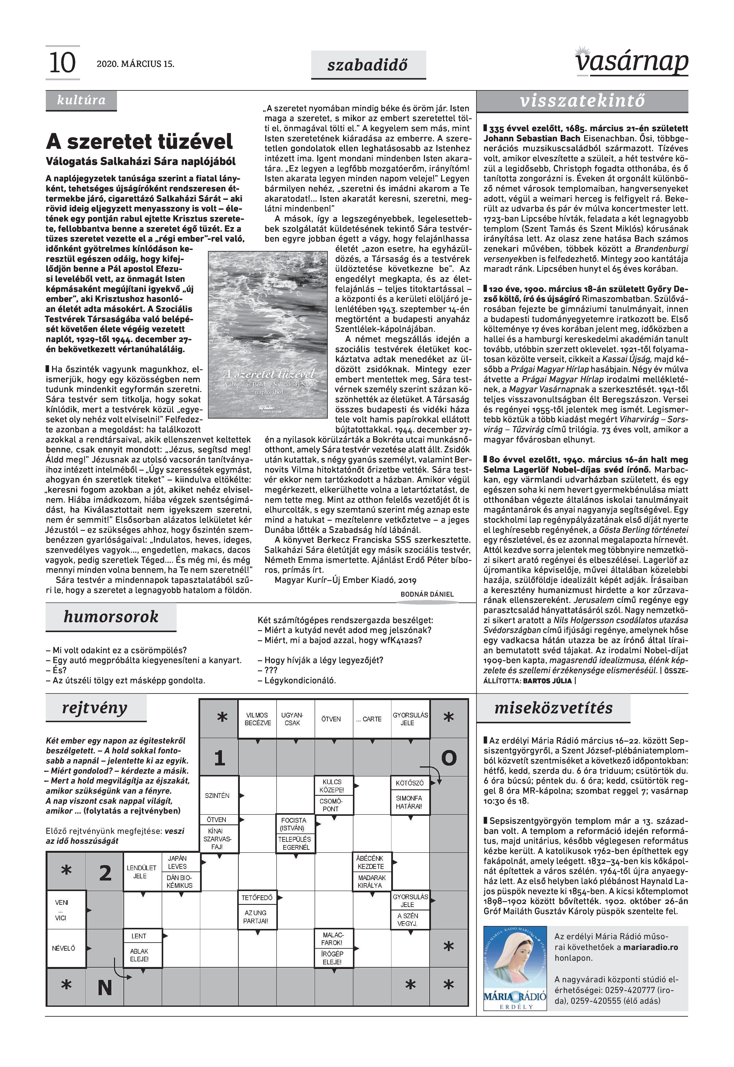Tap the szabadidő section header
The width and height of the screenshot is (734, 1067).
coord(368,65)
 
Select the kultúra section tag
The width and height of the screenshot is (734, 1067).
coord(81,100)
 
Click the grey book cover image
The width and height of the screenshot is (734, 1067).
coord(269,334)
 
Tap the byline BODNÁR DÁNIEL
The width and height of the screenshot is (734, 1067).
coord(427,594)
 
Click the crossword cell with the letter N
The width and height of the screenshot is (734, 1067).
coord(105,987)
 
